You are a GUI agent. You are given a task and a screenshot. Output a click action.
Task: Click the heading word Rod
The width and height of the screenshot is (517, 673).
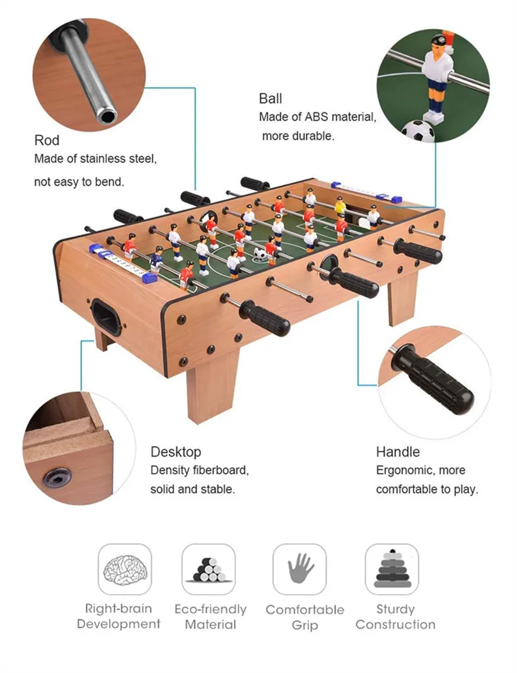pos(47,140)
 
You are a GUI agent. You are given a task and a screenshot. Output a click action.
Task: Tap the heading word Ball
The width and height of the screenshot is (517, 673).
pos(270,98)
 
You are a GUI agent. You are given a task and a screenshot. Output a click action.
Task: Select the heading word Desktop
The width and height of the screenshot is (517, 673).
pos(176,452)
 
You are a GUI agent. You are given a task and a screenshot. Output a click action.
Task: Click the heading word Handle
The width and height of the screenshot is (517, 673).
pos(398,452)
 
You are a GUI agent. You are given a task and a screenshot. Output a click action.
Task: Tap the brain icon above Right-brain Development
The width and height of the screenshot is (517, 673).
pos(125,569)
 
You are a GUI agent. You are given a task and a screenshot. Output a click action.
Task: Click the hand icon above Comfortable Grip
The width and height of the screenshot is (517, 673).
pos(300,569)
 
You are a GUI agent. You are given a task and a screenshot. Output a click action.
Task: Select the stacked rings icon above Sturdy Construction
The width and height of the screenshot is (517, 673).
pos(392,569)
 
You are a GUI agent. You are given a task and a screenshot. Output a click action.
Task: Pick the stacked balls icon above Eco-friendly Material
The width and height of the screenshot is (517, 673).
pos(209,569)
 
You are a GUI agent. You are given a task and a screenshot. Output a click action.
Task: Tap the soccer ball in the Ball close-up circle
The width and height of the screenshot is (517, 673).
pos(419,131)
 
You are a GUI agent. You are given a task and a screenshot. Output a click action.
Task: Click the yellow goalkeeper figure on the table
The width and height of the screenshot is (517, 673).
pos(340,206)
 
